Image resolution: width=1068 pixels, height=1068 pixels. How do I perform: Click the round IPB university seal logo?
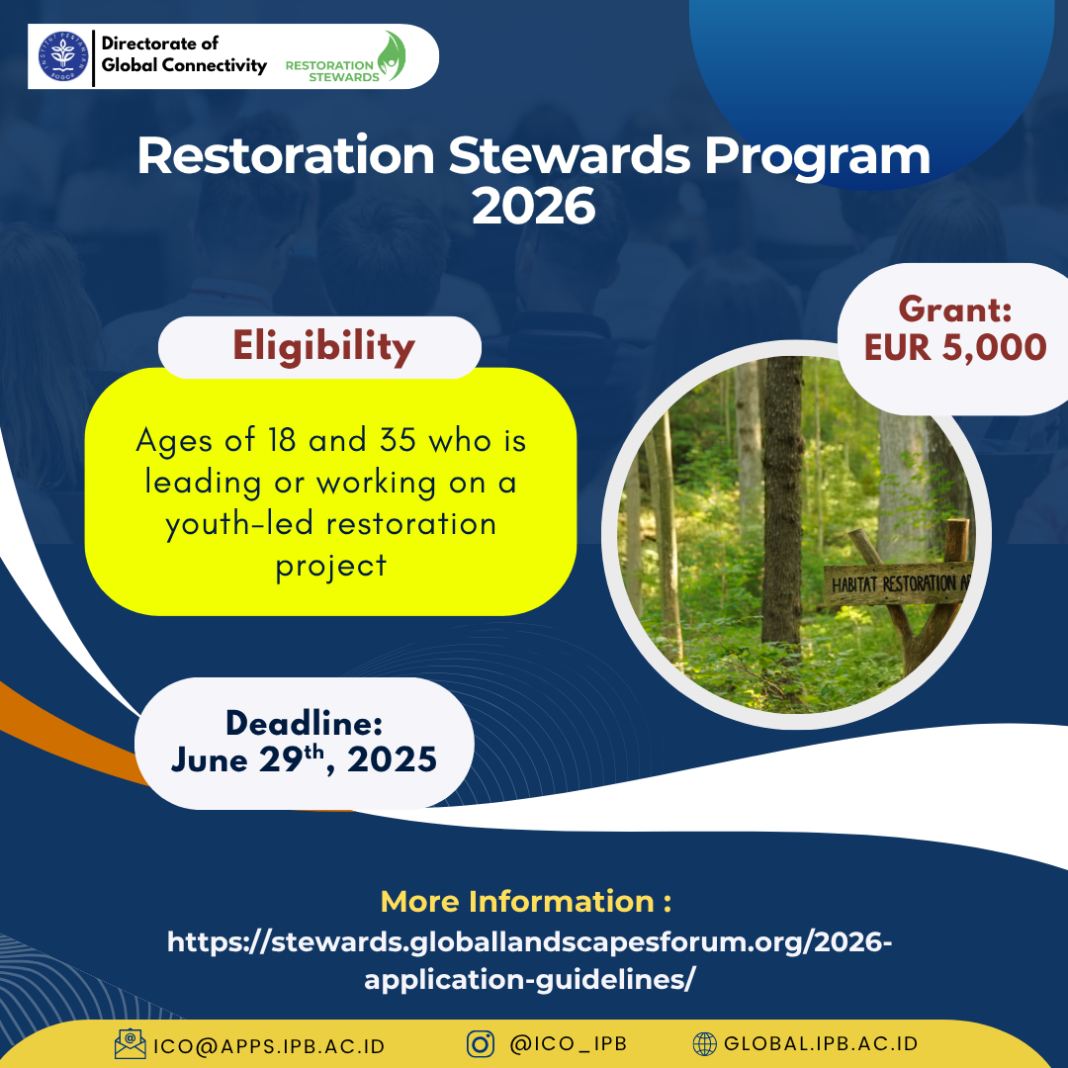coord(63,56)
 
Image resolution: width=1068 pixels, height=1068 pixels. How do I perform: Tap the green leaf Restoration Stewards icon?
coord(393,55)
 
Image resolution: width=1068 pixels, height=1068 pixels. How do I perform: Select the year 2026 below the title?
coord(534,207)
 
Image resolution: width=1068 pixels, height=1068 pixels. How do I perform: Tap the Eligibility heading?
coord(323,347)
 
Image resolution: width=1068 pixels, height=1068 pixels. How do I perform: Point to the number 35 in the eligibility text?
coord(398,440)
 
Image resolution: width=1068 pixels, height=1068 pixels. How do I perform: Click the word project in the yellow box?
coord(331,567)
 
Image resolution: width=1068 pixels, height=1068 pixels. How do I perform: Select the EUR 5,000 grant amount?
coord(955,347)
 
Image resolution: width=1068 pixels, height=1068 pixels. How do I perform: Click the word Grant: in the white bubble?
coord(955,310)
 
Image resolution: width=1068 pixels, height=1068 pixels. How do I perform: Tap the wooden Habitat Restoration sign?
coord(898,583)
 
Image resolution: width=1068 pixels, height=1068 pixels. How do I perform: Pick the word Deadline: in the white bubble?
coord(304,723)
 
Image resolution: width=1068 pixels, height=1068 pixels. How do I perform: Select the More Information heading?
coord(526,901)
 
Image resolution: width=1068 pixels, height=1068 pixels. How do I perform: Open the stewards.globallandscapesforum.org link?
coord(530,960)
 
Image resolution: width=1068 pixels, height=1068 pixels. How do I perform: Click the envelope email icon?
coord(131,1043)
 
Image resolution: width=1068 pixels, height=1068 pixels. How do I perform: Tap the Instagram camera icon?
coord(481,1043)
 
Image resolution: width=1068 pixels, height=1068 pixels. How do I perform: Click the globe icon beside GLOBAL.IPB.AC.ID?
coord(705,1043)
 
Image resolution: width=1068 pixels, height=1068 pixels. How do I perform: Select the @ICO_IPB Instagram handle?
coord(568,1043)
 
